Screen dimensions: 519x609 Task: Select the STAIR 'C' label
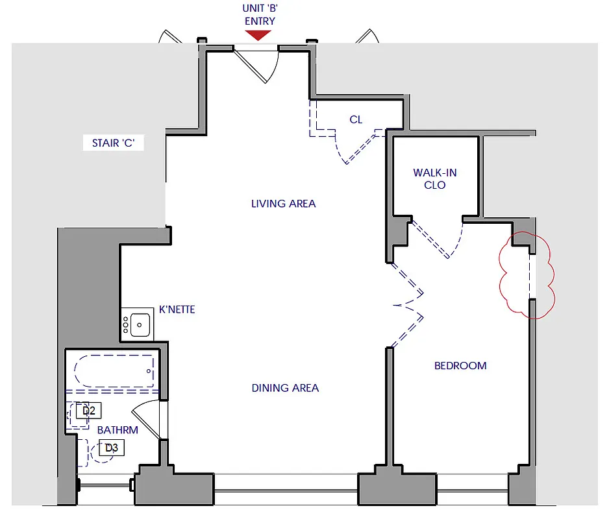pos(113,143)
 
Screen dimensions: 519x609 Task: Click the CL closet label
pos(356,120)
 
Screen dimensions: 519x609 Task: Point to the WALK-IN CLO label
pos(434,178)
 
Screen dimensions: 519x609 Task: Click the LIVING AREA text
pos(283,204)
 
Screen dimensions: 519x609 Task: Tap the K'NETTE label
pos(177,310)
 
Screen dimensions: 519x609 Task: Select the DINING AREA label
pos(285,388)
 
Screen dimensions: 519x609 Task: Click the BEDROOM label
pos(460,366)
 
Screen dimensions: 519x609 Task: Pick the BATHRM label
pos(118,430)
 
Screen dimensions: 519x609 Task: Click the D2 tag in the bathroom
pos(89,410)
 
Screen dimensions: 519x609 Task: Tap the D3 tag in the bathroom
pos(112,448)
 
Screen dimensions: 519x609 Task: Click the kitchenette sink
pos(140,324)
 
